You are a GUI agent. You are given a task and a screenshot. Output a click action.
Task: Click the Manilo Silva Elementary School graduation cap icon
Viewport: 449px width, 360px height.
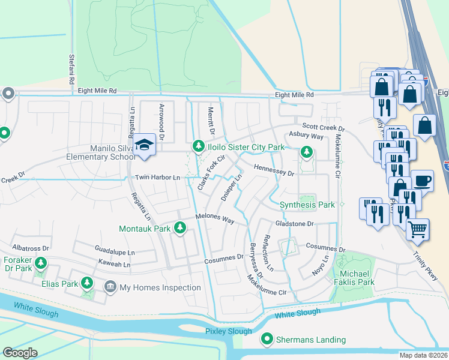coord(144,145)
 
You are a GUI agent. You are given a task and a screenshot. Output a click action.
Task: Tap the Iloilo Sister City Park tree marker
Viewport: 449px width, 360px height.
coord(198,146)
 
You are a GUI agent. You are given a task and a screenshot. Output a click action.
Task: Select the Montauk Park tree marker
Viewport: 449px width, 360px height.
coord(179,227)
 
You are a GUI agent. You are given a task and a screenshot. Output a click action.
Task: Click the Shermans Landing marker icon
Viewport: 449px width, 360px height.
coord(267,340)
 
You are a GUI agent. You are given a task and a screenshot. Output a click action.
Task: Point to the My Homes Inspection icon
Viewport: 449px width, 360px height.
coord(110,287)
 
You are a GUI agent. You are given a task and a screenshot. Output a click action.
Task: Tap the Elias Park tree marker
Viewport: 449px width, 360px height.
coord(87,282)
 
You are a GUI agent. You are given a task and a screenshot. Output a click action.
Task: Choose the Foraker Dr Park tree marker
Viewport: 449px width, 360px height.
coord(41,263)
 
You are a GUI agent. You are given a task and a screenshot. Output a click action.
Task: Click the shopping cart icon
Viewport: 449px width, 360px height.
coord(417,228)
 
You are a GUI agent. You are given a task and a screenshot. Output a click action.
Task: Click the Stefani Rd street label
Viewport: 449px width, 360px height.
coord(71,68)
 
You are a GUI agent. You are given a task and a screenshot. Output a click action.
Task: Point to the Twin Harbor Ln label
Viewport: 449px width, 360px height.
coord(157,178)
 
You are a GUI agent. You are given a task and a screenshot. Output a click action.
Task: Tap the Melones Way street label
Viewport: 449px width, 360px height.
coord(214,219)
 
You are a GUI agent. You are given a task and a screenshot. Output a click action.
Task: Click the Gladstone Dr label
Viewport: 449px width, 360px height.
coord(294,224)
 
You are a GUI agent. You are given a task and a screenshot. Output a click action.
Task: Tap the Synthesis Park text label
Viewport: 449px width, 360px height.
coord(307,205)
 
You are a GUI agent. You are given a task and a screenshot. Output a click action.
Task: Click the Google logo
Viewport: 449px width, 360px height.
coord(20,353)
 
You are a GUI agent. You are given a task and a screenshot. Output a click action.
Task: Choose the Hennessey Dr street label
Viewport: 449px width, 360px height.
coord(274,170)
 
